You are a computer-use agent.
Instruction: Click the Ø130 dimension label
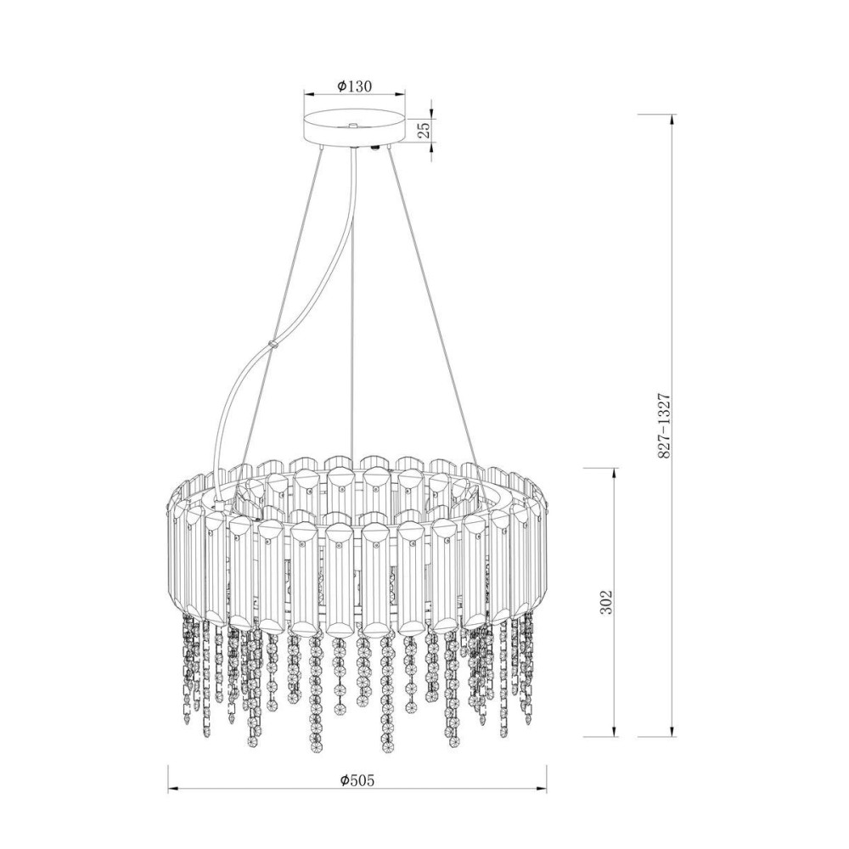pos(354,86)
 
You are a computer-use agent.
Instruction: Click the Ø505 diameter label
pos(357,779)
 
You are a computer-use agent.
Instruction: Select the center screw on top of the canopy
pos(353,126)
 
